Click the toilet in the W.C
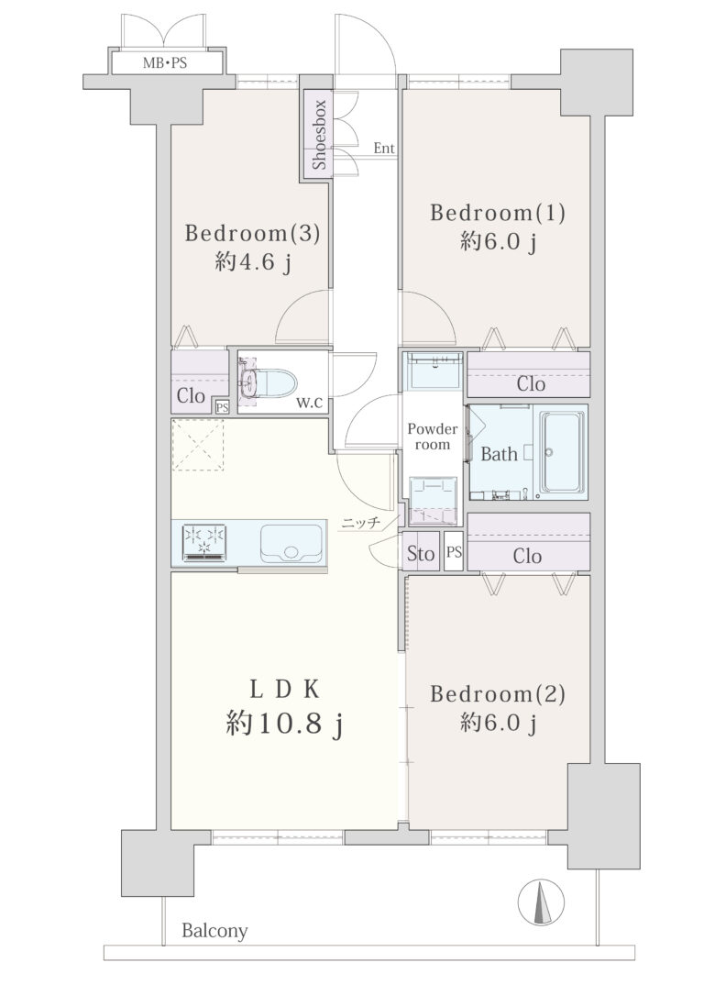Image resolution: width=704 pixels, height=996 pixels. click(268, 382)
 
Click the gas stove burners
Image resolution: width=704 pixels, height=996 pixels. click(204, 542)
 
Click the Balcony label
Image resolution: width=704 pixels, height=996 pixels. click(214, 931)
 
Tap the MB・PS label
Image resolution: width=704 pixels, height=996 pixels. click(164, 63)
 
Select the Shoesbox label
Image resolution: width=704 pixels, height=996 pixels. click(319, 135)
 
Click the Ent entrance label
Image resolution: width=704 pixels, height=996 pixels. click(384, 148)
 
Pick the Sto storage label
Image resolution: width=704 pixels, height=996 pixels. click(420, 554)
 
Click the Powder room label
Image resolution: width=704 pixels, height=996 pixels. click(433, 437)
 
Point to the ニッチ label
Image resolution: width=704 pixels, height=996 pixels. click(360, 524)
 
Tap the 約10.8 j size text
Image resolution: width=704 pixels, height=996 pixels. click(284, 723)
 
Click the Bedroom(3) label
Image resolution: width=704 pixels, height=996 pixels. click(252, 233)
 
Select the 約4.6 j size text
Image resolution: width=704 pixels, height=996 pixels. click(253, 261)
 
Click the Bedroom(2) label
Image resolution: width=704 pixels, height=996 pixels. click(497, 693)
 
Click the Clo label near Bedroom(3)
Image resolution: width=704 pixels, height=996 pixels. click(191, 395)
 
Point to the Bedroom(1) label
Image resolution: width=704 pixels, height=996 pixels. click(497, 212)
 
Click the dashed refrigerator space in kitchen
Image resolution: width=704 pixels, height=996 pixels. click(198, 445)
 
